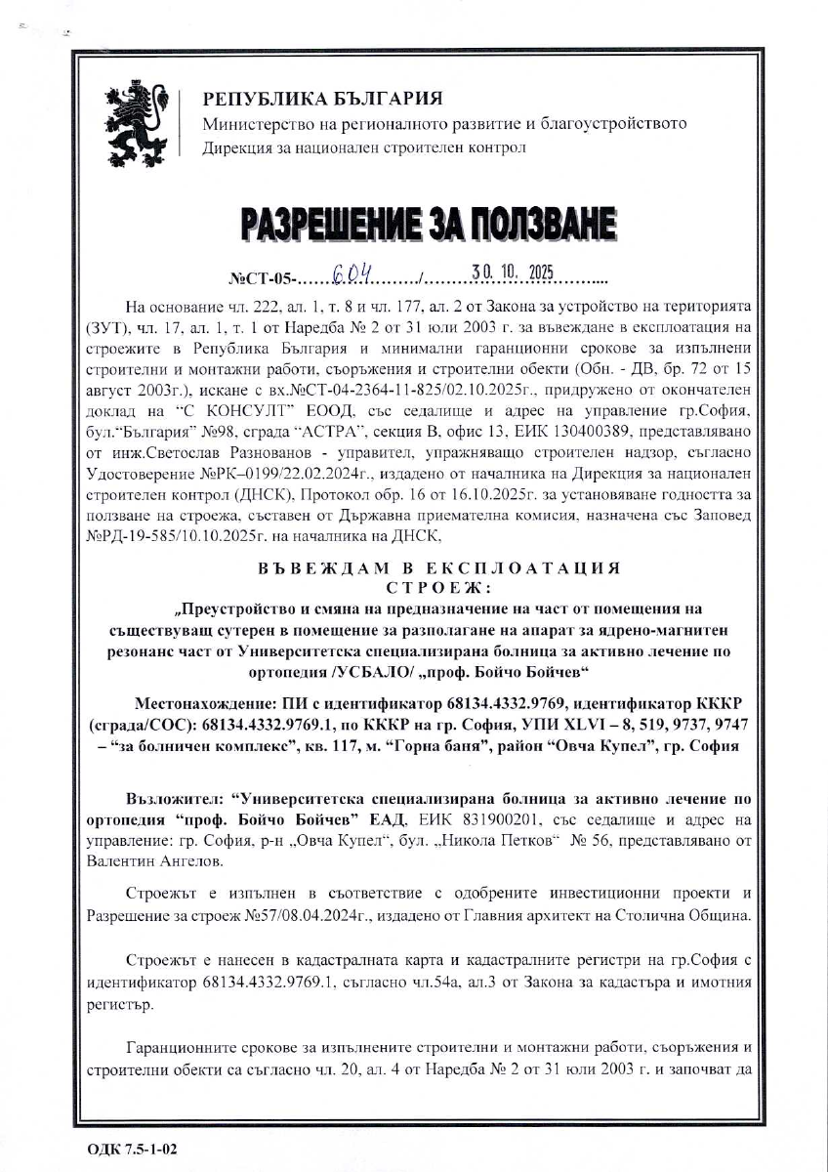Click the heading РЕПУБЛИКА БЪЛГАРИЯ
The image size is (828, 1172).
[322, 99]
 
